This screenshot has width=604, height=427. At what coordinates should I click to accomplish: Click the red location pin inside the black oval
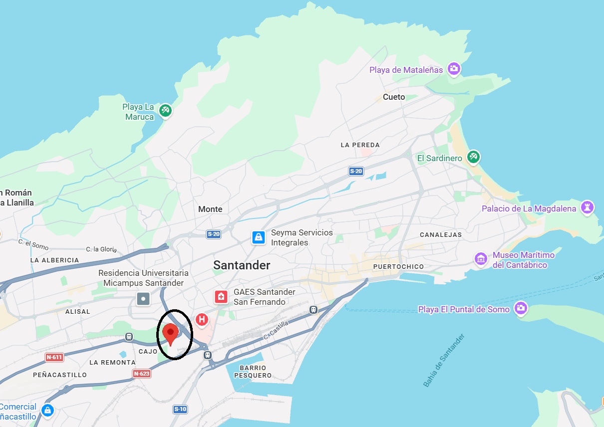click(171, 333)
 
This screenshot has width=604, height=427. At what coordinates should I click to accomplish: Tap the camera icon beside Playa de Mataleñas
click(454, 69)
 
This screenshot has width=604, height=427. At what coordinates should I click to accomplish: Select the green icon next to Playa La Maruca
click(166, 110)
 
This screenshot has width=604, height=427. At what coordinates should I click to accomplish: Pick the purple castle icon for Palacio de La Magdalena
click(588, 208)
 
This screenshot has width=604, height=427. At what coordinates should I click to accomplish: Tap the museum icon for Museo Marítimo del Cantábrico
click(481, 259)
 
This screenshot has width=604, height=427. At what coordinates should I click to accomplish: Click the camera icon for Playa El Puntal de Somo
click(521, 309)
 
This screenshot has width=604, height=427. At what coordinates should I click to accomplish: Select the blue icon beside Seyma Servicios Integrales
click(259, 237)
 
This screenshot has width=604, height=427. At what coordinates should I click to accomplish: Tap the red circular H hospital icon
click(202, 319)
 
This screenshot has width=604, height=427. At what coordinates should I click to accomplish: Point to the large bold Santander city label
click(242, 265)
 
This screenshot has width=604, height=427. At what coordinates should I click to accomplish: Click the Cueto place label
click(394, 97)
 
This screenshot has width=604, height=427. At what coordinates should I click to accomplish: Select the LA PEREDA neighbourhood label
click(360, 145)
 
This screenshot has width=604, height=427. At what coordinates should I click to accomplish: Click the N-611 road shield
click(54, 357)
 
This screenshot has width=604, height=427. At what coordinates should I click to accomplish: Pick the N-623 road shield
click(142, 373)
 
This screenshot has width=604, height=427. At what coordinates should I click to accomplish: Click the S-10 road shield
click(180, 410)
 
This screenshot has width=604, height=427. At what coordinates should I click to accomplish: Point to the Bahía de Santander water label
click(444, 360)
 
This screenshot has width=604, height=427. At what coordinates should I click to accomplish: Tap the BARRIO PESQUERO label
click(255, 372)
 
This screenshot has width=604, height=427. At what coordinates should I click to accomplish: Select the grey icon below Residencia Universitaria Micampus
click(143, 299)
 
